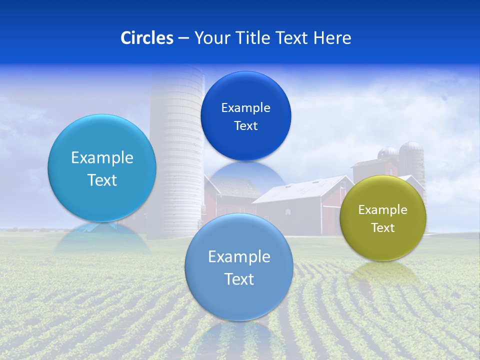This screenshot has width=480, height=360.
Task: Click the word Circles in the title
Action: click(147, 38)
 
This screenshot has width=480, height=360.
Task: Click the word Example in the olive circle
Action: click(383, 210)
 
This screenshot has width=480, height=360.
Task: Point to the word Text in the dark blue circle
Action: click(246, 126)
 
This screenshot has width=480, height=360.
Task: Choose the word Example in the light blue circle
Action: click(102, 158)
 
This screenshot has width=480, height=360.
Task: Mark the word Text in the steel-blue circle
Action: click(239, 279)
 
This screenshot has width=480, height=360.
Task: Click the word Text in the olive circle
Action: click(383, 228)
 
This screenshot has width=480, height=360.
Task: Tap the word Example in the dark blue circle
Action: click(246, 108)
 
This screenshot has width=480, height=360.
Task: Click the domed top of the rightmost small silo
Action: click(411, 146)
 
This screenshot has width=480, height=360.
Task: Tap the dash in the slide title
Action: click(183, 38)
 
